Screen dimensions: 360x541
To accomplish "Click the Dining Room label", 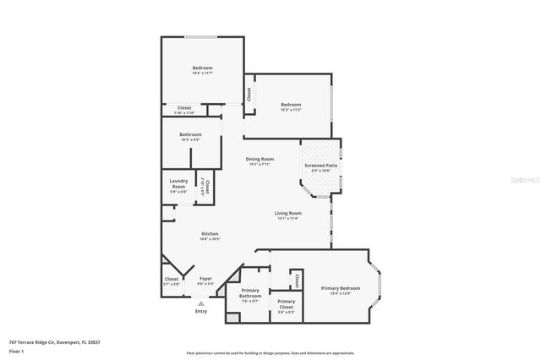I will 260,159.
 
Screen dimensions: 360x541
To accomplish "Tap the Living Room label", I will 288,213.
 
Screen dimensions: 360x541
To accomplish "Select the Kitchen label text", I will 210,233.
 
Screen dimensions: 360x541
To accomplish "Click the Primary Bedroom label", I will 340,288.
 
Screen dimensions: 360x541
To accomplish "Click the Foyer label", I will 205,278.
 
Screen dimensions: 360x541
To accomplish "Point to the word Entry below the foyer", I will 201,311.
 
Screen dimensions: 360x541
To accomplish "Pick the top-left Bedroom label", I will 202,68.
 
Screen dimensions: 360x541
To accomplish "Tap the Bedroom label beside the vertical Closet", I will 291,104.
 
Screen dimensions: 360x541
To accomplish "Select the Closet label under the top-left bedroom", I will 184,107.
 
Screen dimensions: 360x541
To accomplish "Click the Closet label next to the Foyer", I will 172,278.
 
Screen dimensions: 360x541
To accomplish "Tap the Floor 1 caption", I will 16,350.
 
